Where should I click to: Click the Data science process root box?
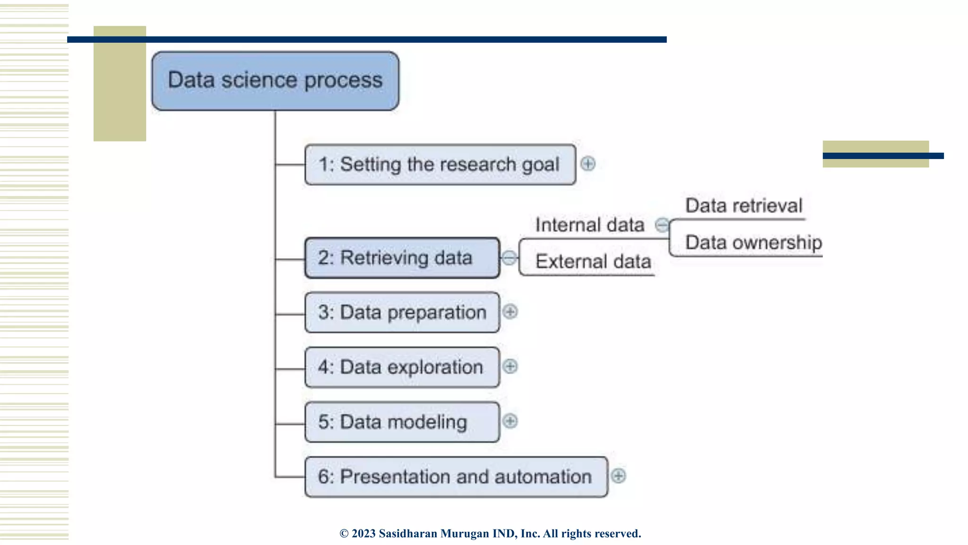[x=275, y=81]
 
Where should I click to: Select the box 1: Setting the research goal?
[x=440, y=165]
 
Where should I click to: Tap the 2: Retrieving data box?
[x=402, y=258]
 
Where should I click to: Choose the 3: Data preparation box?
[x=402, y=312]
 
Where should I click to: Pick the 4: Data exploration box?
[x=402, y=367]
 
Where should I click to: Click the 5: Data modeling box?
[x=402, y=422]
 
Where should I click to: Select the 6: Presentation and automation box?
[x=456, y=476]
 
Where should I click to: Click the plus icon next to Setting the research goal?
[x=588, y=164]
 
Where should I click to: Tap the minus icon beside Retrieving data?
[x=509, y=258]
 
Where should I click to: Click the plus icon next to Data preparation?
[x=510, y=312]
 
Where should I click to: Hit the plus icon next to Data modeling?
[x=510, y=421]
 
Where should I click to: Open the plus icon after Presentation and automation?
[x=618, y=475]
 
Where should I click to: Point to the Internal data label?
[x=589, y=225]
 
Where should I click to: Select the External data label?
[x=593, y=262]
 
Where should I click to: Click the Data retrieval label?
[x=744, y=206]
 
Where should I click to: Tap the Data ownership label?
[x=753, y=243]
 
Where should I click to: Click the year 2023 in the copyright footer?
[x=363, y=534]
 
